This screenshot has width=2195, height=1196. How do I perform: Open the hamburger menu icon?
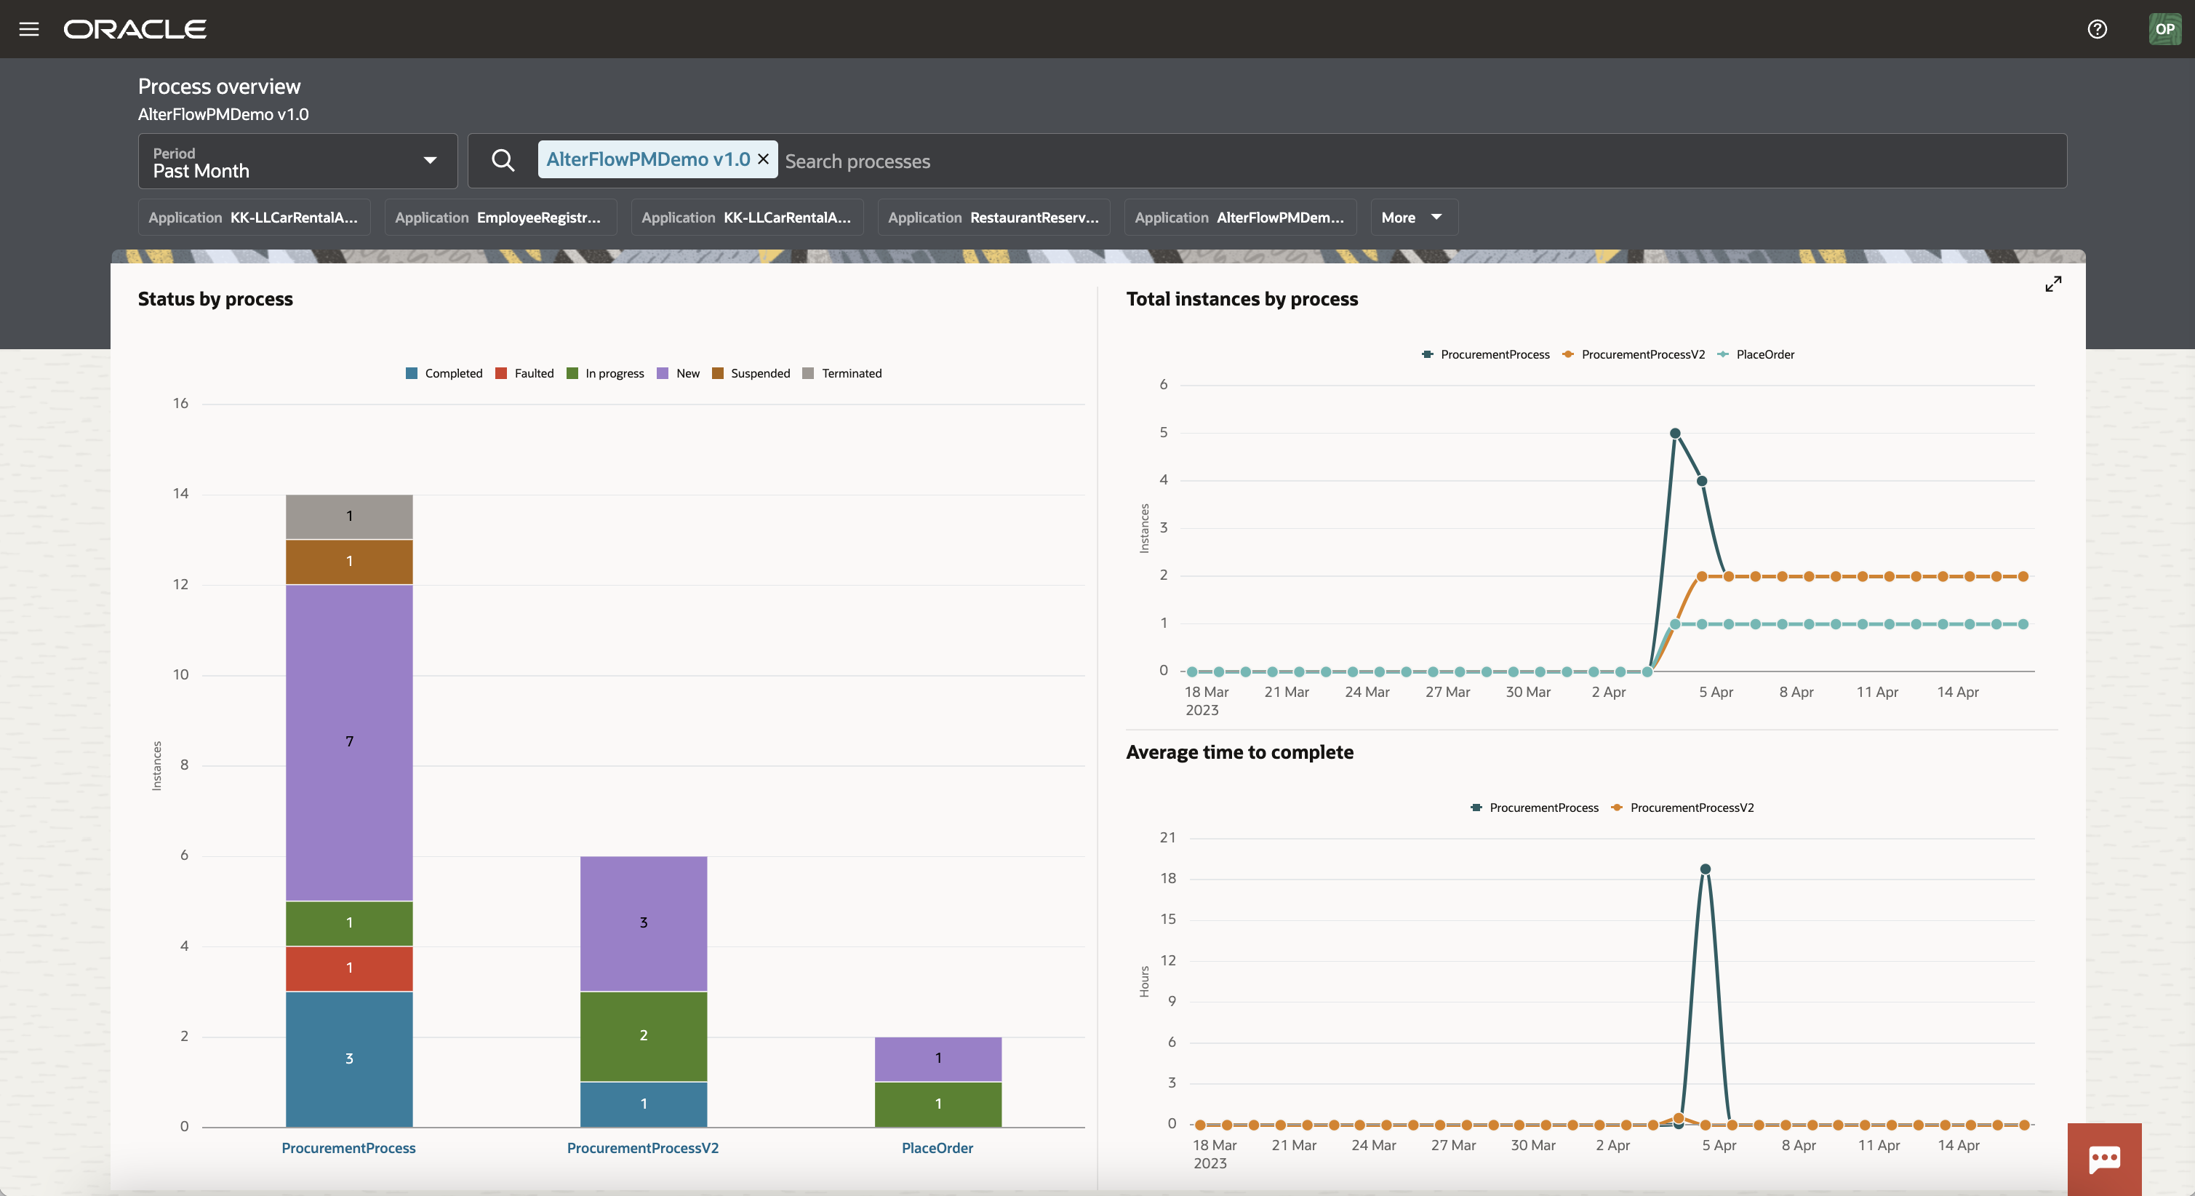tap(29, 29)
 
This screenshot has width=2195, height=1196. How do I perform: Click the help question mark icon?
tap(2097, 29)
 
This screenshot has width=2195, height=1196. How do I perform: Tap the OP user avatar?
tap(2164, 29)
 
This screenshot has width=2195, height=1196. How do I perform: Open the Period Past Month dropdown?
tap(297, 161)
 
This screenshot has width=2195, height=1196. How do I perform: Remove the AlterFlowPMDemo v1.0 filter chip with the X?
tap(764, 159)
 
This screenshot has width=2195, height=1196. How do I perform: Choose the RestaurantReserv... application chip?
tap(993, 218)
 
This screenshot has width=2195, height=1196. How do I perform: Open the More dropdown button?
tap(1412, 218)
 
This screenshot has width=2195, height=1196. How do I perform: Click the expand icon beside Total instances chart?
tap(2054, 284)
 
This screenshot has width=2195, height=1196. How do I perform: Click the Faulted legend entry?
tap(525, 373)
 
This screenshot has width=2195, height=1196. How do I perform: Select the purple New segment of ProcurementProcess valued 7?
tap(349, 741)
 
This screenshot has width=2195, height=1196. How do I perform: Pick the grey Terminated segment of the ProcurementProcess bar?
tap(349, 517)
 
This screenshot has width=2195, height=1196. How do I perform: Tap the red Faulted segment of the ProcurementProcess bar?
tap(349, 968)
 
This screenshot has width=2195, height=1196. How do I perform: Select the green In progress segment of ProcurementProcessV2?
tap(644, 1036)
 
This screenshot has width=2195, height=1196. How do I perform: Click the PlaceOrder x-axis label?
tap(937, 1148)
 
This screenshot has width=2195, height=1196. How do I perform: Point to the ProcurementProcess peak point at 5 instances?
tap(1675, 434)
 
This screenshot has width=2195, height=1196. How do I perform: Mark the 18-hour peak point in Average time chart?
tap(1705, 869)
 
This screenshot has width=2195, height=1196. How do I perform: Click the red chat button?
tap(2104, 1158)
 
